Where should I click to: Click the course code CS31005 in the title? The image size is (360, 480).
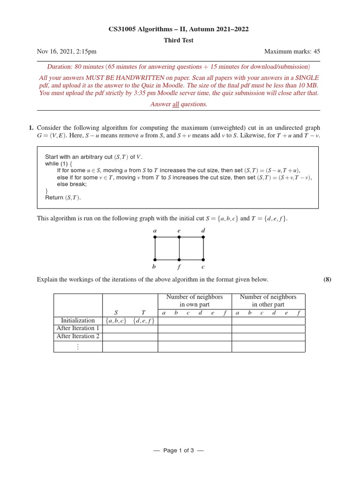[122, 30]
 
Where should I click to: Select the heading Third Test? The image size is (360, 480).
[178, 40]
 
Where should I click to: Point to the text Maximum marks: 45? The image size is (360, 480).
[292, 52]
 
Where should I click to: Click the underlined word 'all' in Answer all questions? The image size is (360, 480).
[176, 104]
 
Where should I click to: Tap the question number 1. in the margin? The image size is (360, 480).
[31, 127]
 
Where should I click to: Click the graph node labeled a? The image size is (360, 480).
[155, 237]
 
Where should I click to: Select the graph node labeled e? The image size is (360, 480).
[179, 237]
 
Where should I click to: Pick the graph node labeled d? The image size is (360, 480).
[203, 237]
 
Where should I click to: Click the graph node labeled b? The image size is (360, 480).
[155, 259]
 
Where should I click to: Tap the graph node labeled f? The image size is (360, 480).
[179, 259]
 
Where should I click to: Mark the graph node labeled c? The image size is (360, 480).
[203, 259]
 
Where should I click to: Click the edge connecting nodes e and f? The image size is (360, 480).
[179, 248]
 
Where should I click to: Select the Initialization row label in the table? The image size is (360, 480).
[78, 321]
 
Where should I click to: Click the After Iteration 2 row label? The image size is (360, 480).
[78, 336]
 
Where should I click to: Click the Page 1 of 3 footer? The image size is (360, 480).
[178, 450]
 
